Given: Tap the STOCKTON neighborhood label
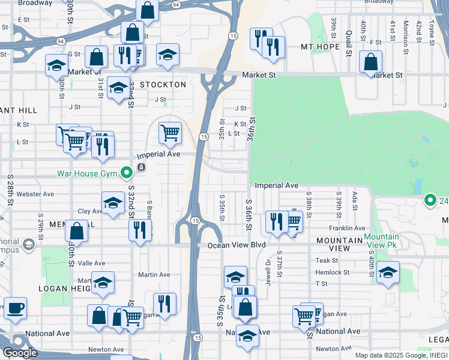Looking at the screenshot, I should [x=163, y=85].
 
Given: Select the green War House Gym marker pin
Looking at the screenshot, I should [x=126, y=173].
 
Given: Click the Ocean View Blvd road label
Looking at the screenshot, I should [x=236, y=245].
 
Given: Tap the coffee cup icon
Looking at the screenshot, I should [x=15, y=308].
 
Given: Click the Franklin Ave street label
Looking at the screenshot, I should [x=347, y=229].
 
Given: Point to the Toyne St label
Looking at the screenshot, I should [x=432, y=32].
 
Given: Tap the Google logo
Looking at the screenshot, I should [x=20, y=353].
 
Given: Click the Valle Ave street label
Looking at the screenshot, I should [x=91, y=263].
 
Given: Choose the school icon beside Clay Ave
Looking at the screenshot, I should [x=113, y=203].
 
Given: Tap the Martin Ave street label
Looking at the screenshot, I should [x=154, y=274].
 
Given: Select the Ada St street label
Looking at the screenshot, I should [x=355, y=197].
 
